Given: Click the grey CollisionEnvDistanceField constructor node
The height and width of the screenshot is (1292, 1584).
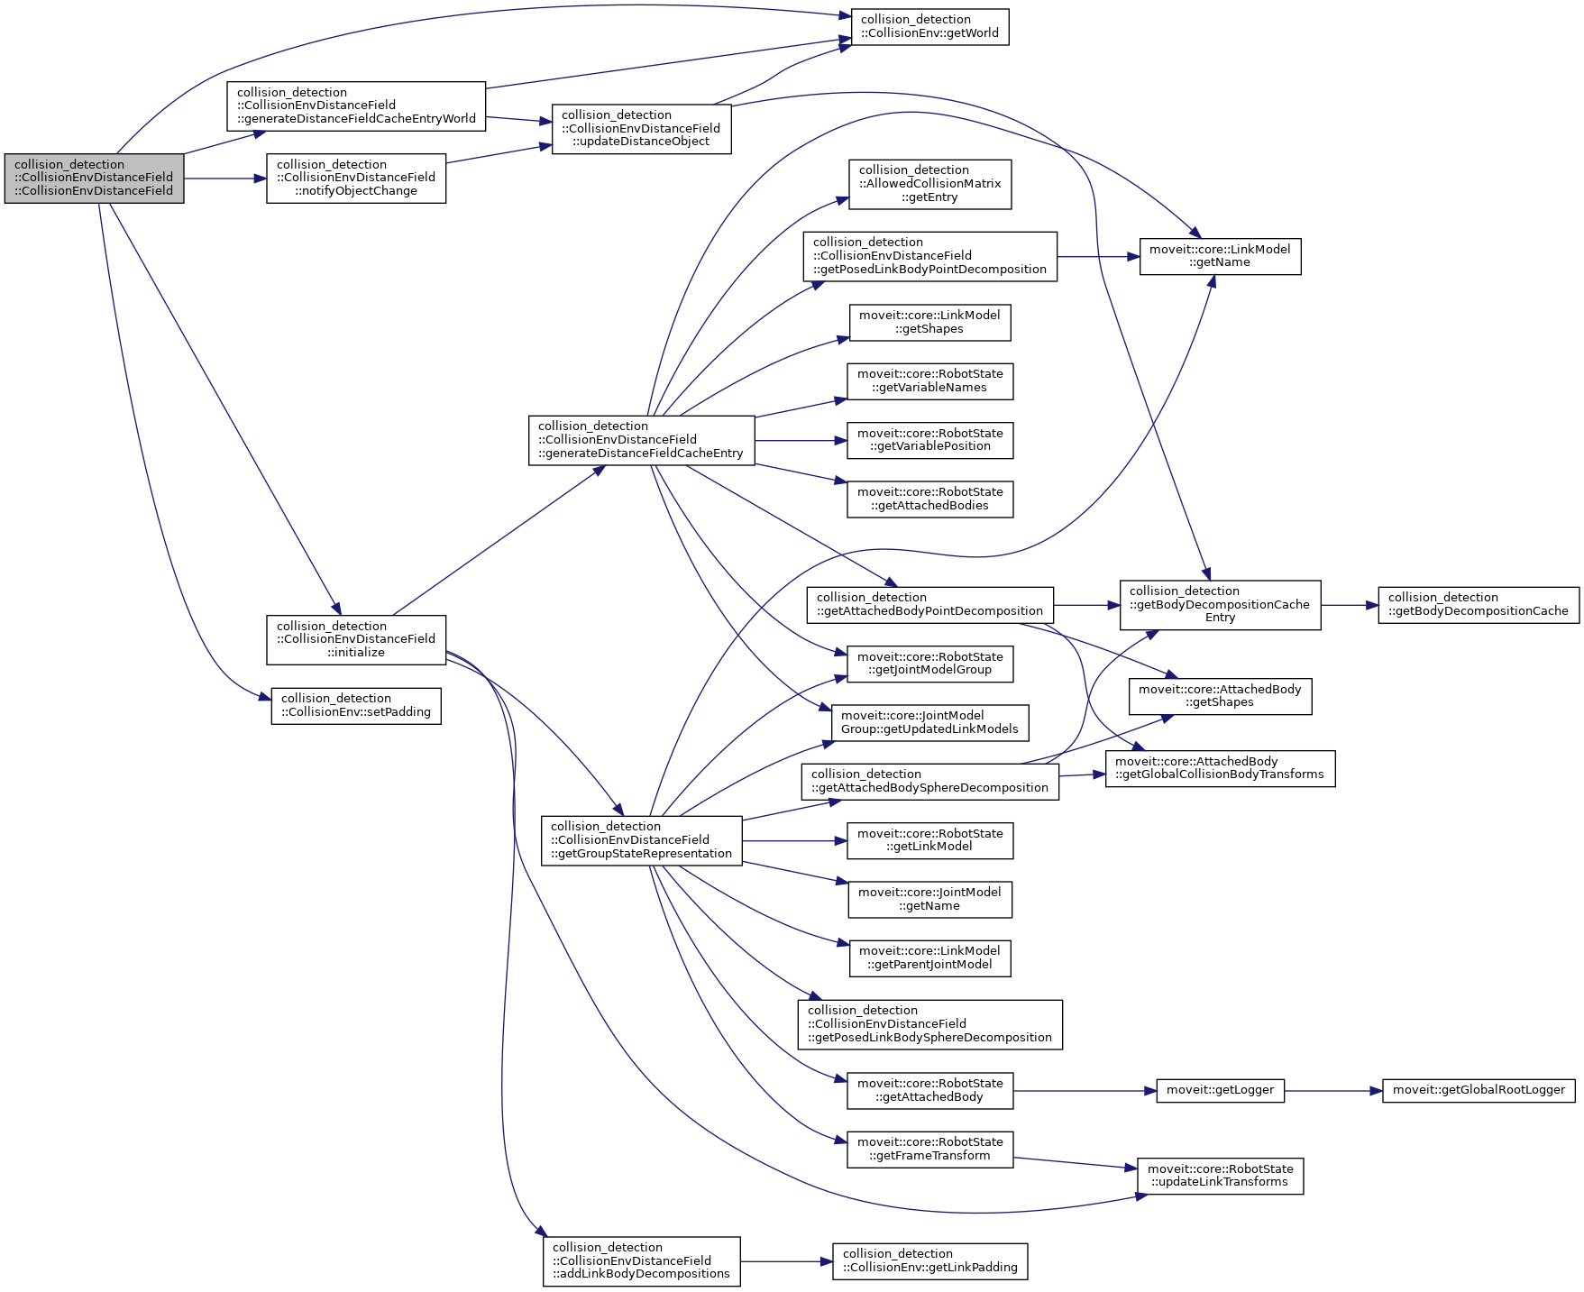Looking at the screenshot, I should (x=94, y=178).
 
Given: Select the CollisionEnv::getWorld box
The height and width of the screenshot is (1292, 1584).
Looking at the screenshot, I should (x=929, y=27).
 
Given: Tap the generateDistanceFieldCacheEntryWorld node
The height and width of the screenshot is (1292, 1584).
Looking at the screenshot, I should (x=356, y=105).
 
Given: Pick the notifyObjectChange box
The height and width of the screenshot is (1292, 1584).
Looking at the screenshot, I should (x=355, y=178).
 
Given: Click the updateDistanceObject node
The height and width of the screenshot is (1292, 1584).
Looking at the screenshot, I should (x=641, y=128).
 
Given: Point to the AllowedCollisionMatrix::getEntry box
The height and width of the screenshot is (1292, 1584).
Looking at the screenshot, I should (x=929, y=184).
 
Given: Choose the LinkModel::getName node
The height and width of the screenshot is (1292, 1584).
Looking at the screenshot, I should (x=1220, y=256).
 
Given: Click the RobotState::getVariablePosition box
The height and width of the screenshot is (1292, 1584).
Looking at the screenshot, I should (x=929, y=440).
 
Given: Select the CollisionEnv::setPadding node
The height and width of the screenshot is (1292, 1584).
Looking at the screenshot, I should (x=355, y=706).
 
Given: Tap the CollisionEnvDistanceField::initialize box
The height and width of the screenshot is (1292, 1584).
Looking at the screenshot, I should (x=355, y=639).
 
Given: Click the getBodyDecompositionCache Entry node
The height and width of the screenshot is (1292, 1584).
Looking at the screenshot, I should (x=1220, y=604).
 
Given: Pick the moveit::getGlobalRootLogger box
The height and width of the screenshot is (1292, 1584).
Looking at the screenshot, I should (x=1479, y=1090).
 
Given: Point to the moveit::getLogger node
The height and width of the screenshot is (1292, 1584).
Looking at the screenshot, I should (x=1220, y=1090).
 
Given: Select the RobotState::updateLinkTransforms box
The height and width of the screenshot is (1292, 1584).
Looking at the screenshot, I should (x=1220, y=1176).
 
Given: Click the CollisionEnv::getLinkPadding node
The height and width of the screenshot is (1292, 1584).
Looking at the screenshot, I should (x=929, y=1260).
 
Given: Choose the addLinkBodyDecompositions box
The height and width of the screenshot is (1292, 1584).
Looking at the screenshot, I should (x=641, y=1260).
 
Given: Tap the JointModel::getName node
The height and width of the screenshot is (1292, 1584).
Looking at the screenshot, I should (x=929, y=899).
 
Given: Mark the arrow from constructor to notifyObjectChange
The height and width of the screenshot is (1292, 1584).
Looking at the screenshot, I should (x=224, y=179).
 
